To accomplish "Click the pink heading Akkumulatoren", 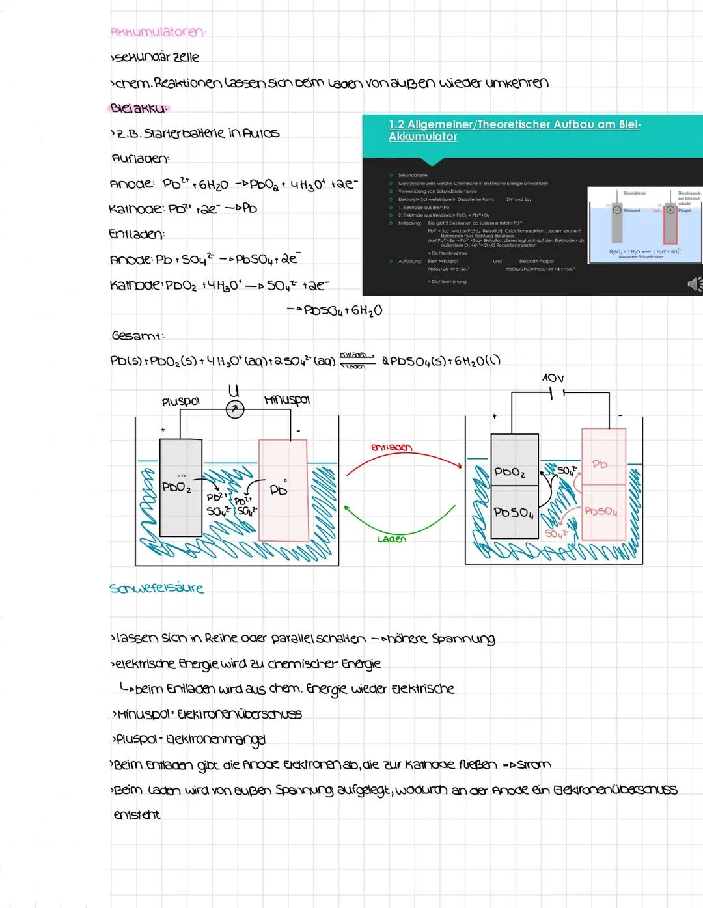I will (x=158, y=32).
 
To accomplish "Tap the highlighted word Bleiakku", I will (x=139, y=108).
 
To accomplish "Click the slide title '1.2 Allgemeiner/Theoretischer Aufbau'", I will (x=514, y=130).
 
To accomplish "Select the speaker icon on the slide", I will (x=694, y=284).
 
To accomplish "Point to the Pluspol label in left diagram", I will (x=180, y=402).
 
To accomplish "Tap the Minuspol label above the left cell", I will (x=287, y=400).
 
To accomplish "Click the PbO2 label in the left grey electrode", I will (x=176, y=487).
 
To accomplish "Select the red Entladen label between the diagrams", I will (x=391, y=447).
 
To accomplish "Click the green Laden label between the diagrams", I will (x=391, y=539).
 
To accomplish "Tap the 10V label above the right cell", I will (x=552, y=378).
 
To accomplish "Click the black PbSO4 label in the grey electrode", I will (x=514, y=513).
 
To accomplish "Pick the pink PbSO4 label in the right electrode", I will (x=600, y=512).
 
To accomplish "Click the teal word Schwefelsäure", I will (x=157, y=588).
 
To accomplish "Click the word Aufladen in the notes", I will (x=141, y=159).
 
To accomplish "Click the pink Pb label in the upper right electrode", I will (x=600, y=464).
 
